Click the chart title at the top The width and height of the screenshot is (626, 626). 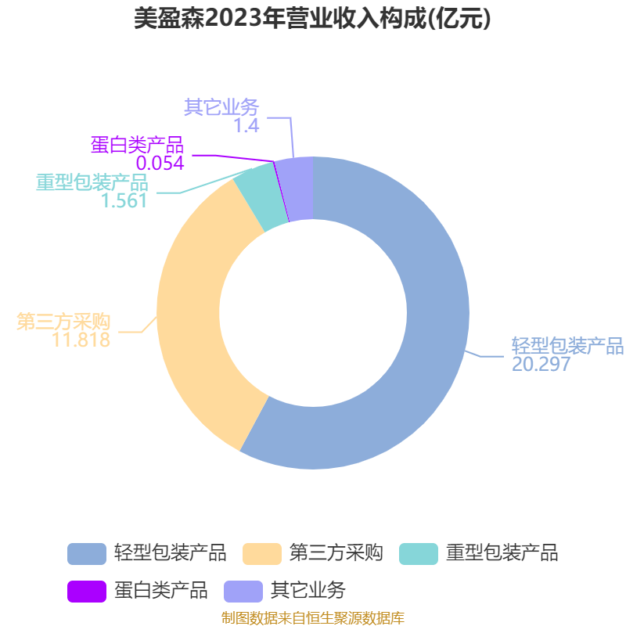[x=312, y=18]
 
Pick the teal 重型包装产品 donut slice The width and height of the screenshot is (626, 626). [x=257, y=198]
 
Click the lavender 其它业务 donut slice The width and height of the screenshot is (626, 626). [x=297, y=189]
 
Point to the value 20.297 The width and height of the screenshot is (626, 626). [x=541, y=364]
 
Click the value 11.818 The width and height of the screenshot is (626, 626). [x=81, y=340]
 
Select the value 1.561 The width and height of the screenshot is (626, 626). [x=124, y=201]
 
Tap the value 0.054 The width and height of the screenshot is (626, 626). [x=160, y=164]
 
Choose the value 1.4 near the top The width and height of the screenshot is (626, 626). [x=246, y=126]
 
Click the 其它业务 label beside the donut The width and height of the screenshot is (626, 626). [x=221, y=107]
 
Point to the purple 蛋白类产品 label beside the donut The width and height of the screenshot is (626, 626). [x=138, y=145]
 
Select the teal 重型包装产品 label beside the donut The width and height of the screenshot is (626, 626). [x=92, y=182]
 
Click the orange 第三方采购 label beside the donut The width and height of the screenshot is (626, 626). [x=63, y=322]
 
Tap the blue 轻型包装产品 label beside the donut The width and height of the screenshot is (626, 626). [x=568, y=346]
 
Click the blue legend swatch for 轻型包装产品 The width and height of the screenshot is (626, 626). [x=87, y=554]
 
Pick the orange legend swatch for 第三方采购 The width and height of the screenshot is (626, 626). [x=262, y=554]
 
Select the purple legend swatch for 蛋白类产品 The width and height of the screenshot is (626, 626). [x=87, y=592]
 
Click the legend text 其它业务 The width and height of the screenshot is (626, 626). [x=308, y=590]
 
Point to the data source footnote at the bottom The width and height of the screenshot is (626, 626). [x=313, y=617]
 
